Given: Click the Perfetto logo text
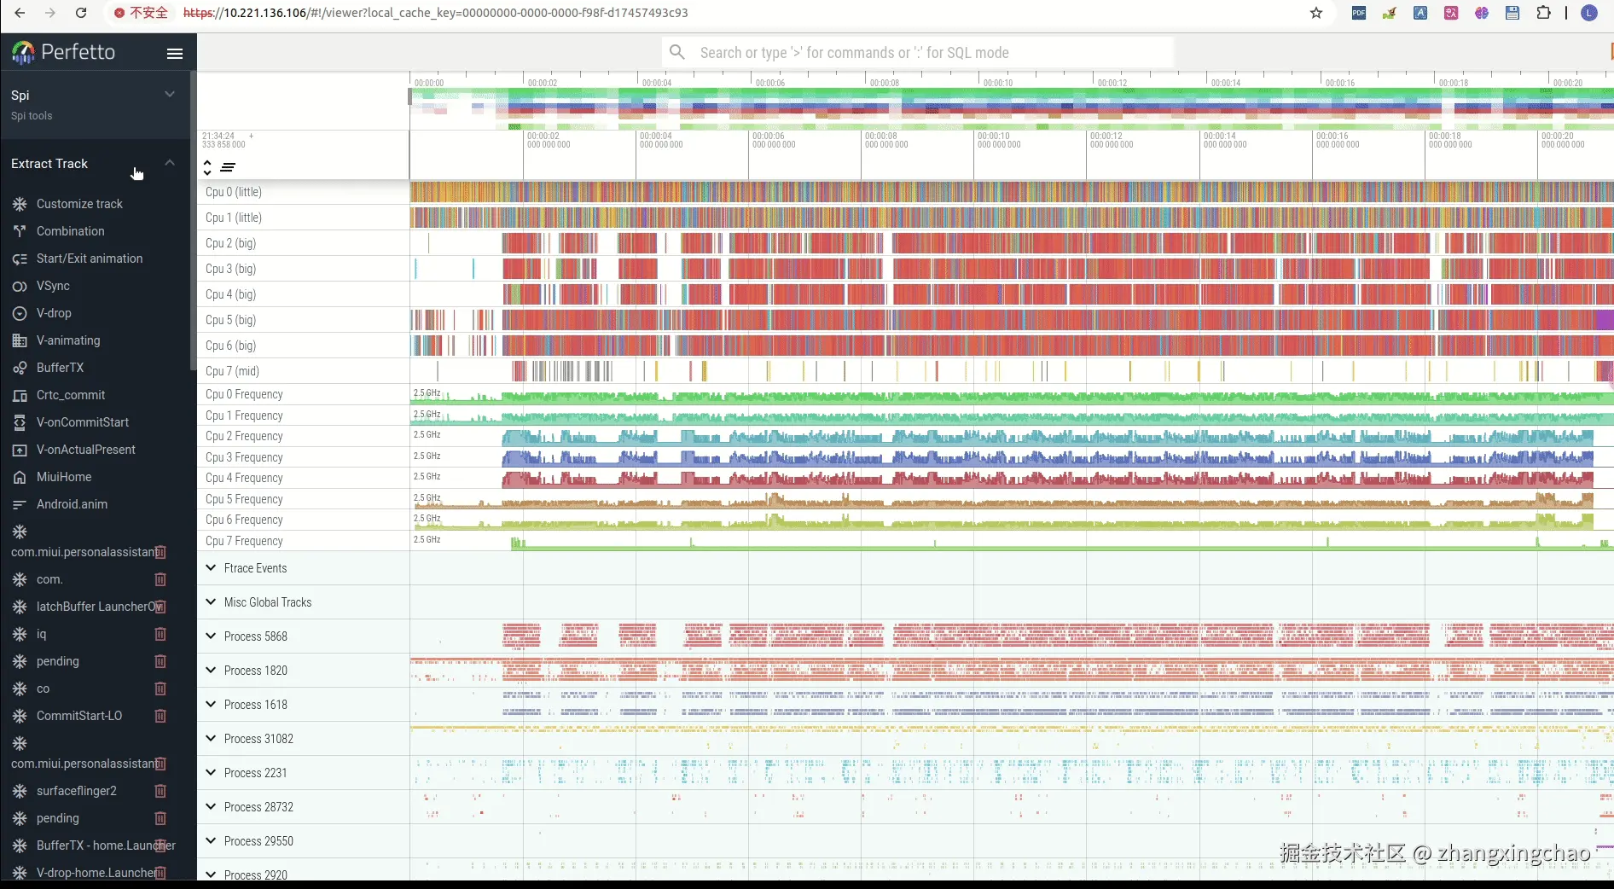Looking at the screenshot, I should [x=78, y=52].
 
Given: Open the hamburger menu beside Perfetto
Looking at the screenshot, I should [x=175, y=54].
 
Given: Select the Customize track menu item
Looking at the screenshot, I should [x=79, y=204].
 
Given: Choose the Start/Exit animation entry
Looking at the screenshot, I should [x=90, y=259].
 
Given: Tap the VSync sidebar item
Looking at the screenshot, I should [x=53, y=286].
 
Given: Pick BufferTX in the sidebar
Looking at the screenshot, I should [x=60, y=368].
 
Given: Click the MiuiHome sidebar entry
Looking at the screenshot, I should [x=64, y=477].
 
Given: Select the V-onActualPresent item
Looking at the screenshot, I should [x=85, y=450].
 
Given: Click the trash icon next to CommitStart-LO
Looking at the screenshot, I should [x=160, y=716].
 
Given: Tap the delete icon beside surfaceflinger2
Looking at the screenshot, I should [x=160, y=791].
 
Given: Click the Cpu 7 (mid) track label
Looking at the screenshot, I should [x=232, y=371].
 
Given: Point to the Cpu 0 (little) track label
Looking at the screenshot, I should [x=234, y=192].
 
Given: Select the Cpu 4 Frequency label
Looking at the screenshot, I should [x=244, y=478].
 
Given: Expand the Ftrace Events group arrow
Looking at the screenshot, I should [x=211, y=567].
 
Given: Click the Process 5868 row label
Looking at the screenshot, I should [x=256, y=636].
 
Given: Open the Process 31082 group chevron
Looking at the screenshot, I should [x=211, y=738].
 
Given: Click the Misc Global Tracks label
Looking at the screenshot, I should [x=268, y=602].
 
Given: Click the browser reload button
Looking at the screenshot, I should [x=81, y=13].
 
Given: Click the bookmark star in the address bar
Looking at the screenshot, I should [x=1316, y=13].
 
